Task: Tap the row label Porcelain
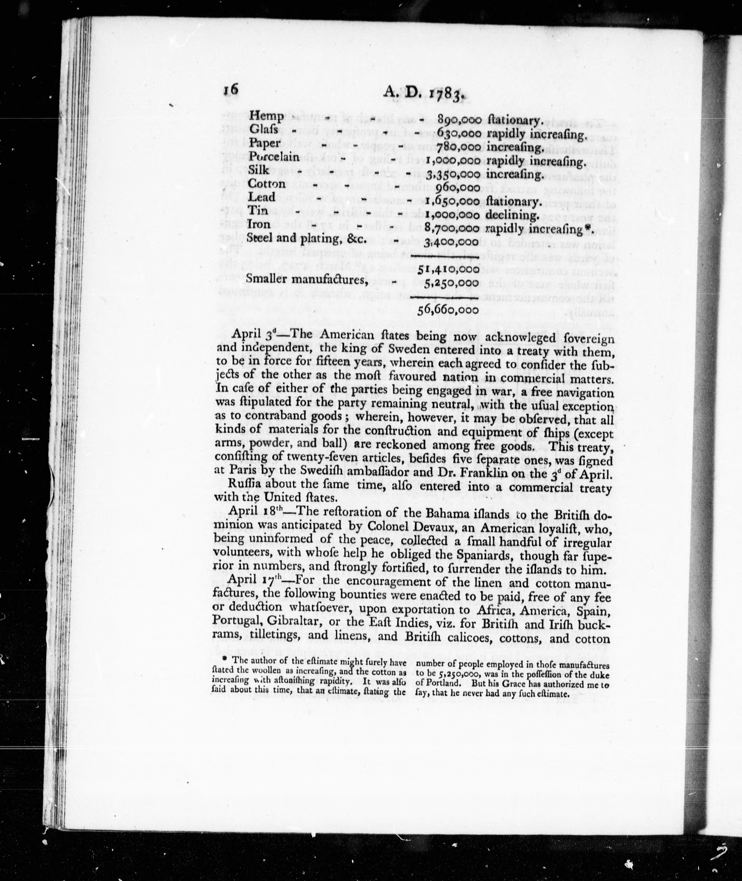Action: click(x=274, y=156)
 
